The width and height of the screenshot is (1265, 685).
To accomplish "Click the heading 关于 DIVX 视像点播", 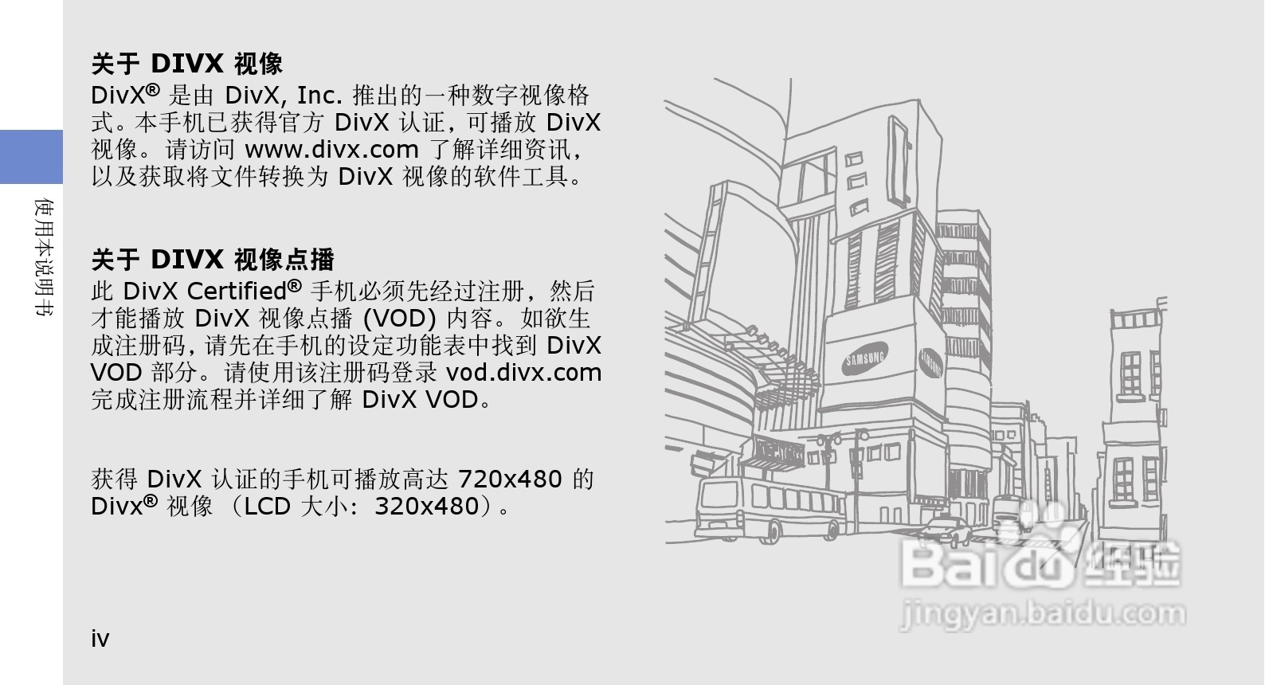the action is tap(213, 260).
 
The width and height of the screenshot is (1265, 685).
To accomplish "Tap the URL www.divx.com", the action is tap(331, 149).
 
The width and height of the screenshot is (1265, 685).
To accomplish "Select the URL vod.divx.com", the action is tap(523, 372).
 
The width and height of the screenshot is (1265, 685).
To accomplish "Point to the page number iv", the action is tap(100, 639).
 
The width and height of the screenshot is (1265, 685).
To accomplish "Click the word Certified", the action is tap(237, 291).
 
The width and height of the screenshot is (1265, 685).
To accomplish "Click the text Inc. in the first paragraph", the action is tap(319, 96).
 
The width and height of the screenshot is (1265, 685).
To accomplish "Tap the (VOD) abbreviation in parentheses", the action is tap(399, 319).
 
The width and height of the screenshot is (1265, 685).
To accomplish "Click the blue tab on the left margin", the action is tap(31, 156).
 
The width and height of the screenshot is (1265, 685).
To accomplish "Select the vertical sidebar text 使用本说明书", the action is tap(45, 257).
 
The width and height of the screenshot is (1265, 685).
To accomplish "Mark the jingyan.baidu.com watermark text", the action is tap(1042, 614).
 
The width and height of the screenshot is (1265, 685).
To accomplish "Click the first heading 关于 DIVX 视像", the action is tap(187, 64).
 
